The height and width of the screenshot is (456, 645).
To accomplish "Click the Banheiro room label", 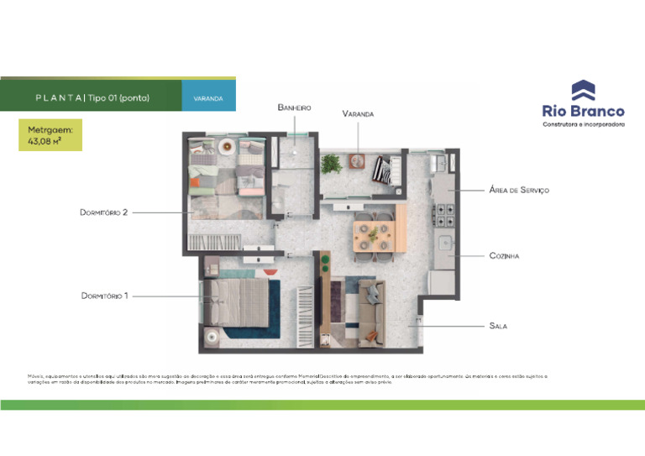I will (294, 107).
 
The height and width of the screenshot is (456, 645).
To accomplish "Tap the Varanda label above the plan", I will (358, 113).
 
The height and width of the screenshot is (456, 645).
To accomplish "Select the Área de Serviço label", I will (519, 191).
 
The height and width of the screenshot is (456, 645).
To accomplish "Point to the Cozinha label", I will (505, 255).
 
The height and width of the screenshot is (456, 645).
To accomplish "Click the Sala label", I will (498, 325).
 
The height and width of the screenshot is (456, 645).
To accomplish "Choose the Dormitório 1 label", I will (105, 296).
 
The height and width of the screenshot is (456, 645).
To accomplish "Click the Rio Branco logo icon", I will (583, 90).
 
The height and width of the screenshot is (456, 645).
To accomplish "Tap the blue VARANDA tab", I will (208, 98).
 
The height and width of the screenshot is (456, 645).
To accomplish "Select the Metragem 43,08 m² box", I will (50, 135).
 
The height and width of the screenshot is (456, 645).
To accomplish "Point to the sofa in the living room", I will (370, 312).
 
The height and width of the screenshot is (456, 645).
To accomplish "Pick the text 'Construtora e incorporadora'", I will (584, 124).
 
